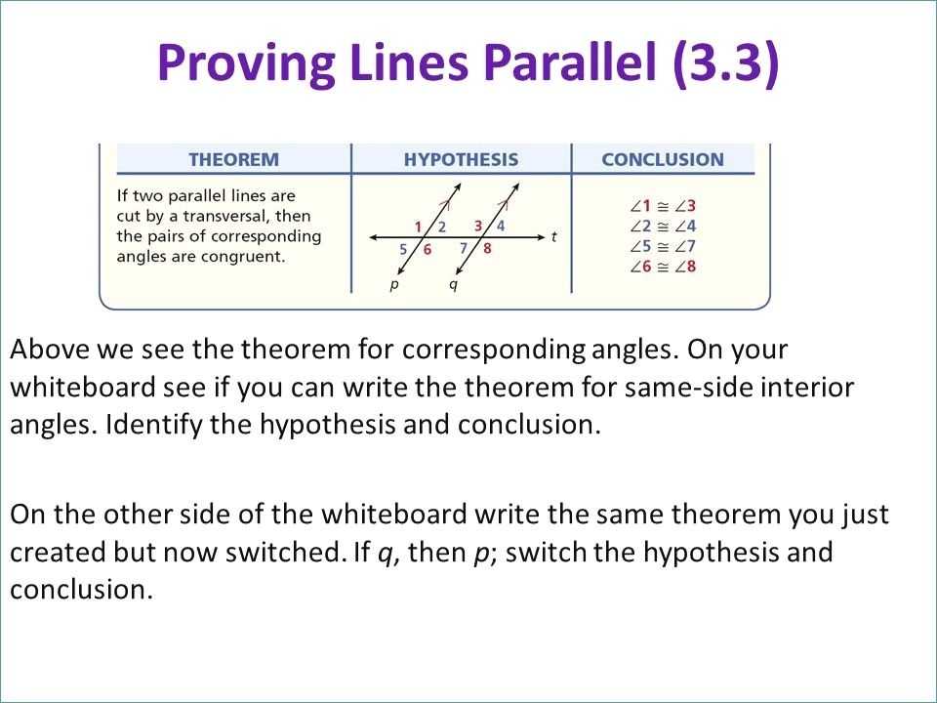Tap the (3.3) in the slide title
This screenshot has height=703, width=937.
point(726,63)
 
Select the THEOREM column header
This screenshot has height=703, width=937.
point(233,159)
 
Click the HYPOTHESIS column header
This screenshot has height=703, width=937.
point(461,159)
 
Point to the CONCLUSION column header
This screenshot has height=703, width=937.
point(663,159)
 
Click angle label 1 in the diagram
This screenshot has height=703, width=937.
point(418,227)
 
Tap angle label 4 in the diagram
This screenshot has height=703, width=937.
point(501,226)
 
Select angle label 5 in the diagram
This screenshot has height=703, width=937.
point(403,249)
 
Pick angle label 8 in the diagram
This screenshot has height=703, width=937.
point(487,249)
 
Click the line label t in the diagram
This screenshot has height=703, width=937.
point(553,236)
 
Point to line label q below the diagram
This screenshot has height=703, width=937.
point(452,285)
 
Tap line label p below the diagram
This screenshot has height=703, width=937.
point(393,285)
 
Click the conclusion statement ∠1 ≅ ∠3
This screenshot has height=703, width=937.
point(663,206)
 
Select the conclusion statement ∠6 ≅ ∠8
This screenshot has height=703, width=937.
point(663,267)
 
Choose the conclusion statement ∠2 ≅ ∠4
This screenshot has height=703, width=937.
point(663,227)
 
